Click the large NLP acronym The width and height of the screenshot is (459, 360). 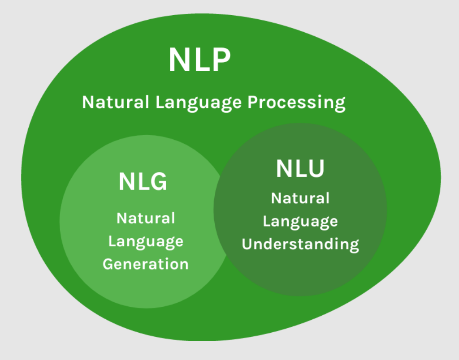[x=199, y=60]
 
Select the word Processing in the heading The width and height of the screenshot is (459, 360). [x=296, y=103]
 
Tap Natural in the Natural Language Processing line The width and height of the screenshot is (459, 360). [x=115, y=103]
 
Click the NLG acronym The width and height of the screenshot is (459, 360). [x=143, y=182]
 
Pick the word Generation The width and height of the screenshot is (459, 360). [x=146, y=264]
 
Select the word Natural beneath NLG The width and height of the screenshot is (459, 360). [x=146, y=219]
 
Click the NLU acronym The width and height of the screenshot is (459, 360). [x=300, y=169]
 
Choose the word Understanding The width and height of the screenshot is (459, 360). [x=300, y=244]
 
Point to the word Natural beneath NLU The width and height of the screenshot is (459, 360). [x=300, y=198]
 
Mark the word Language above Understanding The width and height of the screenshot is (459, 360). [x=300, y=221]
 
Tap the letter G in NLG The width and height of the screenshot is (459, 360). [x=158, y=182]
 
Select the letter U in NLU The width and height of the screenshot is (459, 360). [x=315, y=169]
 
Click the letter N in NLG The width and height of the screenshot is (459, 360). [x=127, y=182]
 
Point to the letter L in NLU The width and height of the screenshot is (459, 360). [x=299, y=169]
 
